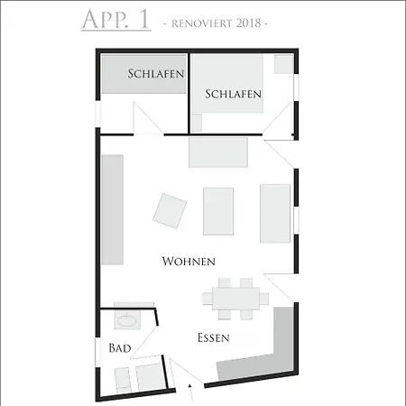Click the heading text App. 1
tap(115, 20)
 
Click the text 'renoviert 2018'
tap(215, 22)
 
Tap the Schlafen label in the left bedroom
tap(156, 73)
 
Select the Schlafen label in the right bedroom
tap(233, 94)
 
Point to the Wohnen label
tap(189, 262)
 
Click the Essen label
tap(214, 338)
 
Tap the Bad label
tap(120, 347)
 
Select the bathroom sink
tap(127, 320)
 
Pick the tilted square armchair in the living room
tap(170, 210)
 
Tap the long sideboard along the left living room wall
tap(112, 208)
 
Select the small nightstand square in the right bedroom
tap(283, 64)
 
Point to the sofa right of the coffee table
tap(274, 213)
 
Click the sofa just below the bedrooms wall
tap(217, 152)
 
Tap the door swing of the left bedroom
tap(144, 121)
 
